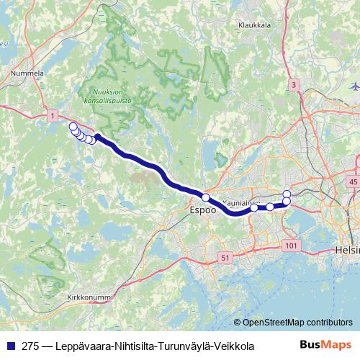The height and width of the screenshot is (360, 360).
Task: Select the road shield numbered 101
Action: click(x=291, y=246)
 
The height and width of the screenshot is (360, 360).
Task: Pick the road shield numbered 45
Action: click(x=352, y=183)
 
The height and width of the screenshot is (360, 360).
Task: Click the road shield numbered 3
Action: click(x=293, y=86)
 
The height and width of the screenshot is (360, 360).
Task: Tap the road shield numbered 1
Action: click(x=52, y=115)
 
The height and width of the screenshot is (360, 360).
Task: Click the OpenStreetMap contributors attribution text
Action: click(x=297, y=323)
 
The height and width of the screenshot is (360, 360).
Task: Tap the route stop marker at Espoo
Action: click(x=205, y=197)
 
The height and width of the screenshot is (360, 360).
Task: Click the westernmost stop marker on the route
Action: click(x=73, y=127)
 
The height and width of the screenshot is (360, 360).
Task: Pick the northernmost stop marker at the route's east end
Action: click(x=287, y=194)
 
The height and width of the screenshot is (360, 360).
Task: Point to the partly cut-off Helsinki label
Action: click(x=346, y=250)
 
